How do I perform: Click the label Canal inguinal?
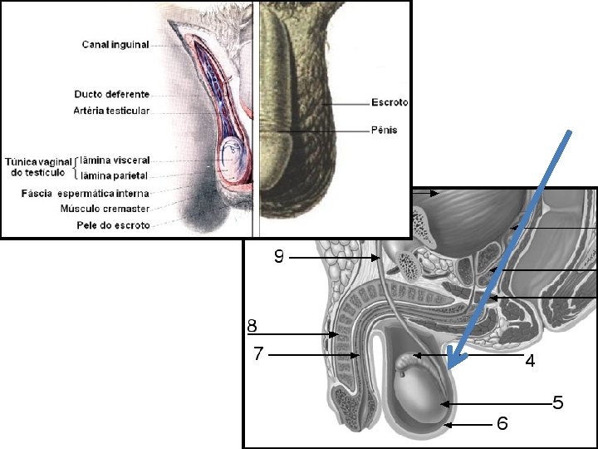[115, 45]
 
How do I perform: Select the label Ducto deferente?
[111, 94]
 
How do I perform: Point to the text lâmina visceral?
[115, 160]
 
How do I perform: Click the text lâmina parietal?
[114, 175]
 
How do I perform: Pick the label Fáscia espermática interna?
[86, 194]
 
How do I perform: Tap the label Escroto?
[390, 102]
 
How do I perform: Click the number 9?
[279, 258]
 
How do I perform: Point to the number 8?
[252, 324]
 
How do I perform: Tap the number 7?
[258, 354]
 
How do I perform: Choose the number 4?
[529, 362]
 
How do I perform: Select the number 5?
[558, 403]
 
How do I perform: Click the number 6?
[502, 424]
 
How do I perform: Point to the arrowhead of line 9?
[379, 259]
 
